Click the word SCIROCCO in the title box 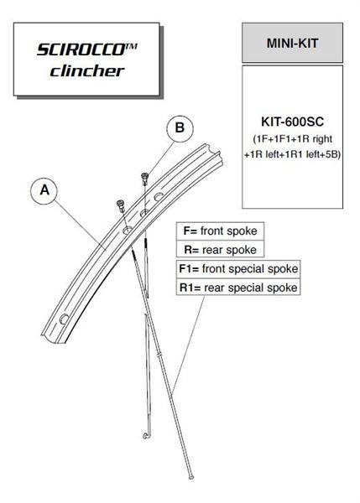(x=81, y=49)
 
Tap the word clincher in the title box (x=87, y=71)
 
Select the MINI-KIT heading (x=292, y=43)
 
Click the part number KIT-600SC (x=292, y=122)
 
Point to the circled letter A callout (x=44, y=190)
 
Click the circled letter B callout (x=180, y=128)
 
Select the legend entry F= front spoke (x=221, y=231)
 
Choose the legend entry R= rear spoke (x=221, y=250)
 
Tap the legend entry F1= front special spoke (x=238, y=268)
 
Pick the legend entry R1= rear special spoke (x=238, y=288)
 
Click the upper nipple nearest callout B (x=144, y=179)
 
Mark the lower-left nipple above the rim (x=121, y=205)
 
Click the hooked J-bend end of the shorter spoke (x=146, y=435)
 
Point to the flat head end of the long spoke (x=191, y=477)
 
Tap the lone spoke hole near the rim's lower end (x=65, y=319)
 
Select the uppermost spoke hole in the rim (x=158, y=197)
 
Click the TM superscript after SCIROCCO (x=131, y=46)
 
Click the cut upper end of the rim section (x=213, y=155)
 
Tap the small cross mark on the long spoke (x=159, y=355)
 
